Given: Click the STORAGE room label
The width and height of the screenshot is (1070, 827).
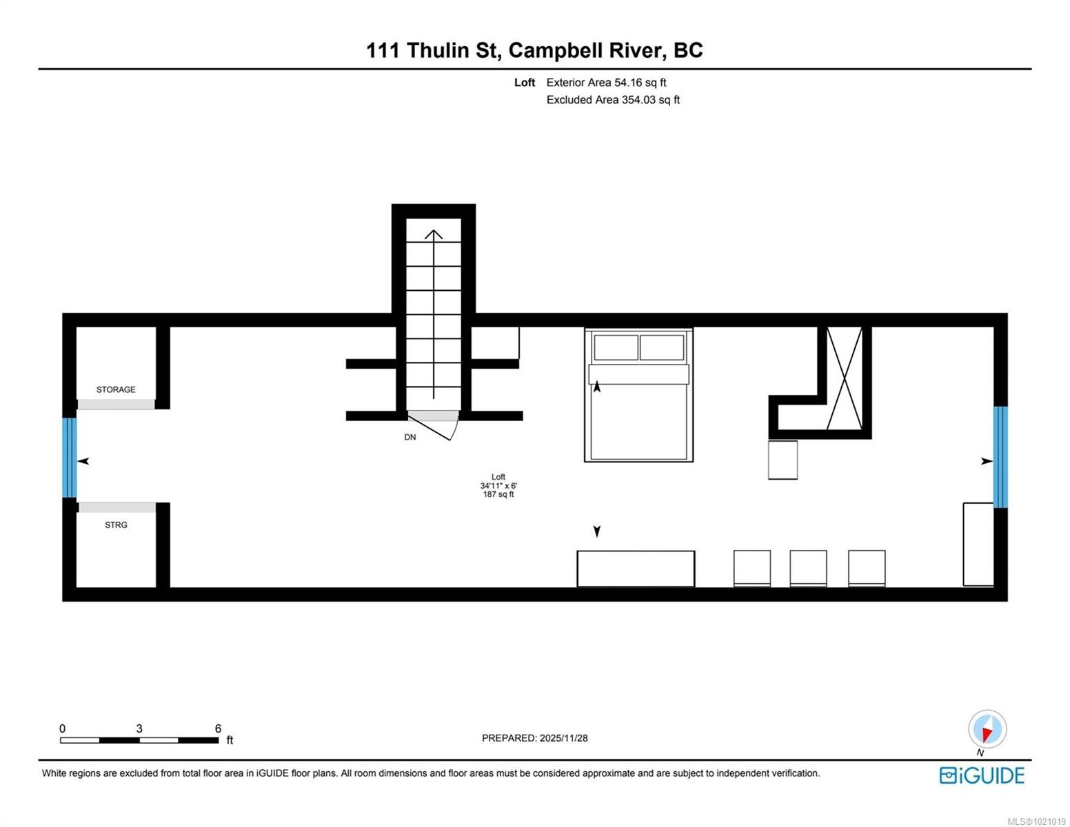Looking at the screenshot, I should [116, 389].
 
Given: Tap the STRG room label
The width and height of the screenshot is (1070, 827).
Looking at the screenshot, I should [116, 525].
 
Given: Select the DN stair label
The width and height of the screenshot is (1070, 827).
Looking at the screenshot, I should [410, 438].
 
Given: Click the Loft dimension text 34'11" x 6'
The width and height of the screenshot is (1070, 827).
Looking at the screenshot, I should [498, 486].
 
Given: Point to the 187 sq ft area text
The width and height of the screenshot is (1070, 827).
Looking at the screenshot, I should [498, 494].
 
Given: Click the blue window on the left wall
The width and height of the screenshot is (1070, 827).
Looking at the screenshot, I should [69, 458].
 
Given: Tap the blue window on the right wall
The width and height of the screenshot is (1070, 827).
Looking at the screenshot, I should [1000, 457].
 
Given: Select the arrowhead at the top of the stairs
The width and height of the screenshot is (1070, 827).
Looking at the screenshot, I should [434, 234].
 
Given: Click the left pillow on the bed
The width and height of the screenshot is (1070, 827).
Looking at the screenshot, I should [616, 347].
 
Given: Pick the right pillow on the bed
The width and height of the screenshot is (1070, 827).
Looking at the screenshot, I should [662, 347].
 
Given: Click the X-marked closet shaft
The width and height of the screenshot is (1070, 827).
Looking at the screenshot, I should [845, 378].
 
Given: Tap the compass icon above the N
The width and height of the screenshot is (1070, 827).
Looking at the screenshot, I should [987, 729].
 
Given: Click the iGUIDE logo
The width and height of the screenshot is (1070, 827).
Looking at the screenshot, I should [982, 775].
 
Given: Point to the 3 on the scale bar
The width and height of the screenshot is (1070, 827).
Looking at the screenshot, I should [139, 728].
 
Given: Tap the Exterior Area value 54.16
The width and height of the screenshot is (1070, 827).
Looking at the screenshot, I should [628, 83].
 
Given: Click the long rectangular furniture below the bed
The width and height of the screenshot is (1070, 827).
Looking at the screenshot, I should [636, 569].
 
